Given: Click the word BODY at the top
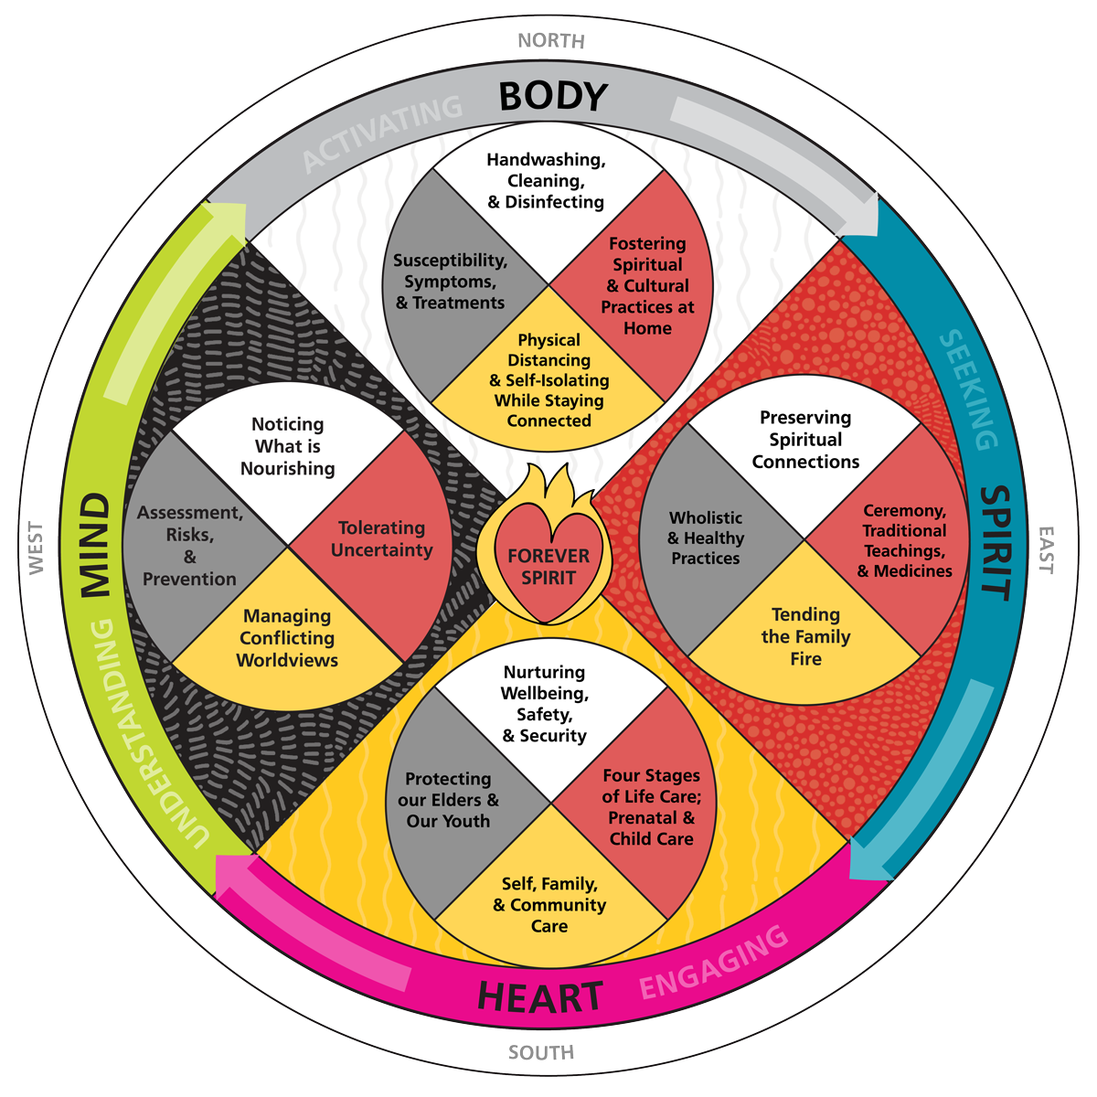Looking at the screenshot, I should tap(553, 96).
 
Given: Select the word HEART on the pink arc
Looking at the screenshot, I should tap(540, 997).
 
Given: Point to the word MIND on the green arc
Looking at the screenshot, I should tap(95, 546).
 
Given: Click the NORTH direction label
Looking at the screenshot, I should tap(550, 40).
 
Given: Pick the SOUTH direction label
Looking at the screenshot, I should tap(541, 1053).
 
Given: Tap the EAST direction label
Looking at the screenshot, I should tap(1045, 549).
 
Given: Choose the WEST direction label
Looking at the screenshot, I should tap(36, 548).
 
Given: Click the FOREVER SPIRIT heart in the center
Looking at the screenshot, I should tap(548, 567).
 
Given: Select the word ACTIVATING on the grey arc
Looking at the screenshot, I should tap(383, 133).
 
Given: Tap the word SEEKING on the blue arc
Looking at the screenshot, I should tap(969, 389).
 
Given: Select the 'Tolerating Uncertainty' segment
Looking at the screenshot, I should tap(382, 539).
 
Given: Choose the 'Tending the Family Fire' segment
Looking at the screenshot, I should tap(805, 637).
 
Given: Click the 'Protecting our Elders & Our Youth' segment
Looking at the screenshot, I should tap(448, 800).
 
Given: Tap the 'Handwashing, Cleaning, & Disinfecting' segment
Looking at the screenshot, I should tap(546, 181).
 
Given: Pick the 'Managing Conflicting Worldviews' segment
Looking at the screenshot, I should tap(287, 638).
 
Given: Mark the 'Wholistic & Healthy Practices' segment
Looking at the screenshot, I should tap(706, 538).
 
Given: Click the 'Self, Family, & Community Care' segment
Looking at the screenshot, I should tap(549, 905).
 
